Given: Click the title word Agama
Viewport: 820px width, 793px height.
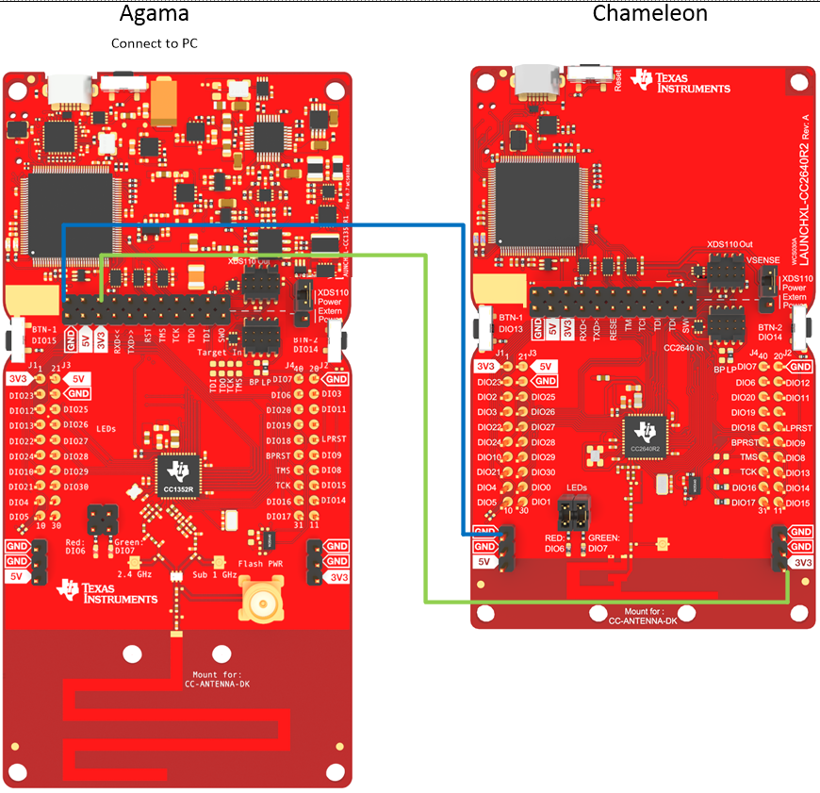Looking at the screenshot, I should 155,13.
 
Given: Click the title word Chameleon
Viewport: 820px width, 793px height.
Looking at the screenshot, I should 649,13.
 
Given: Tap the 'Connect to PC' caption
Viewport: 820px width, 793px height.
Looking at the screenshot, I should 155,43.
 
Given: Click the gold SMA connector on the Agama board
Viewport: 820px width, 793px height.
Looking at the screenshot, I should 257,600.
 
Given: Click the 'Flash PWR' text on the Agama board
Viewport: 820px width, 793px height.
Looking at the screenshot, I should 263,564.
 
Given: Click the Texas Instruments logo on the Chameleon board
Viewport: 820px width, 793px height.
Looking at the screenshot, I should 681,81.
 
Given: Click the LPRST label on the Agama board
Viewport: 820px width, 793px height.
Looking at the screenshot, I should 334,439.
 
